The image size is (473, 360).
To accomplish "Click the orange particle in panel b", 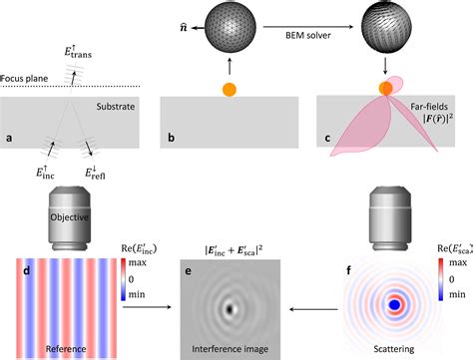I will click(x=229, y=90).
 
